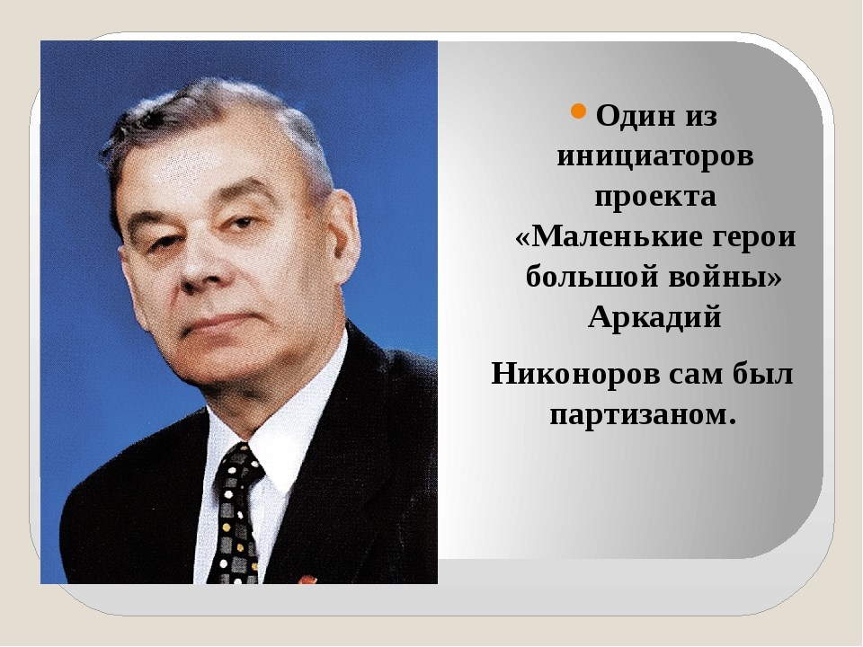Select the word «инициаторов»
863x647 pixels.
pyautogui.click(x=655, y=156)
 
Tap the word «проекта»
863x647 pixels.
pyautogui.click(x=655, y=197)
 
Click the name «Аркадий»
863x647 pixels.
pyautogui.click(x=655, y=317)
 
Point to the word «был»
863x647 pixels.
pyautogui.click(x=763, y=374)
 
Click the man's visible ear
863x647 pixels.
pyautogui.click(x=343, y=231)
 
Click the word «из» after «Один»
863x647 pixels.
pyautogui.click(x=700, y=117)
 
